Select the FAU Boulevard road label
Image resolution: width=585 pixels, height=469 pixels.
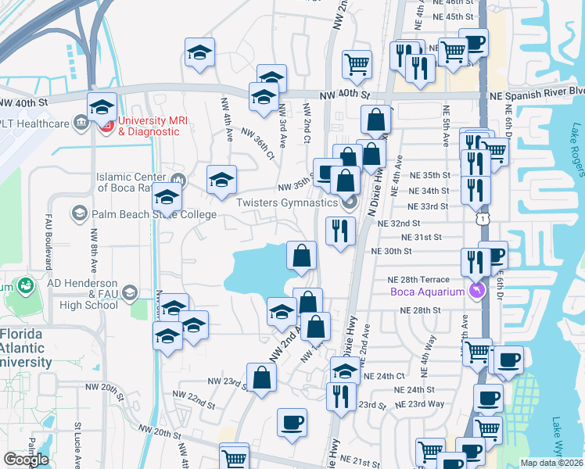point(48,235)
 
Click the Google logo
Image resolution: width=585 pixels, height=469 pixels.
point(26,459)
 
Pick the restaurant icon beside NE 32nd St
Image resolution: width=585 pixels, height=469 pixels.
point(340,230)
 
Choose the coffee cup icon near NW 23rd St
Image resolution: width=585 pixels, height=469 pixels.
point(292,423)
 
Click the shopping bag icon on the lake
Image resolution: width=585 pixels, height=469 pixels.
point(301,255)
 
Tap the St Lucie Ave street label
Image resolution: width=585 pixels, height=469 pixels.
point(77,445)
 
